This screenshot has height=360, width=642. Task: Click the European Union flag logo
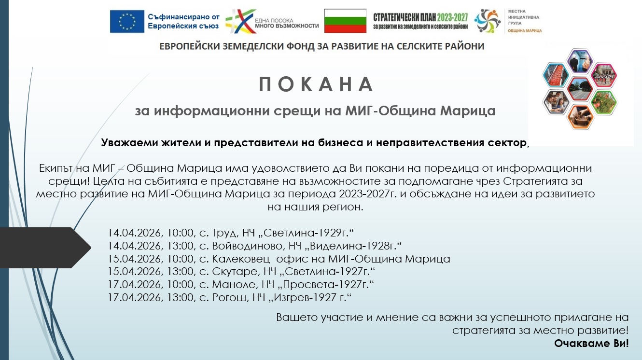tap(127, 22)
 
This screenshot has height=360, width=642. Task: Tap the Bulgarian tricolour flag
tap(345, 21)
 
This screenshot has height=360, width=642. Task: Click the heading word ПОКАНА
tap(316, 84)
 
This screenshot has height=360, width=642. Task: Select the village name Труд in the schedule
tap(225, 233)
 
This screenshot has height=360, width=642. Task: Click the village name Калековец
tap(241, 259)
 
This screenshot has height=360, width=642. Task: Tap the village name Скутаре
tap(235, 271)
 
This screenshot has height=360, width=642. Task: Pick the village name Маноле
tap(234, 284)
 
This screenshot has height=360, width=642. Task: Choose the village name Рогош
tap(229, 298)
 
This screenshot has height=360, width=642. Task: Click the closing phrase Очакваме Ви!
tap(591, 343)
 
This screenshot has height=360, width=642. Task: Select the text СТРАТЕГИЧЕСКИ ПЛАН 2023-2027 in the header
tap(420, 17)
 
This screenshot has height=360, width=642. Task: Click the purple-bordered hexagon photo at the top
tap(580, 61)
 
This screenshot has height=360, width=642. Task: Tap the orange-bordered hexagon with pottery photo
tap(580, 117)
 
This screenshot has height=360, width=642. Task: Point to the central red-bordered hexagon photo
tap(580, 89)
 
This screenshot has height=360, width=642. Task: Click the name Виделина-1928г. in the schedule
tap(354, 246)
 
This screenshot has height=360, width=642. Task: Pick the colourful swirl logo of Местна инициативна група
tap(487, 21)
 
